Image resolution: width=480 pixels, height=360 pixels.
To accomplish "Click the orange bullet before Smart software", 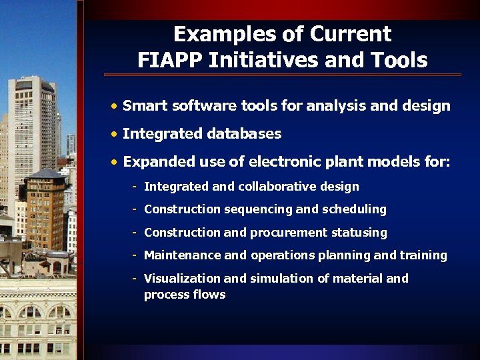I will pyautogui.click(x=115, y=106).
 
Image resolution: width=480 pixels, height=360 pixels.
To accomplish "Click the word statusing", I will pyautogui.click(x=361, y=233).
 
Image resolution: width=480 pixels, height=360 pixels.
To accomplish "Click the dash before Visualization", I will pyautogui.click(x=135, y=278).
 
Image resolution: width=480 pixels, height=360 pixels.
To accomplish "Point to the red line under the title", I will pyautogui.click(x=283, y=75).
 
